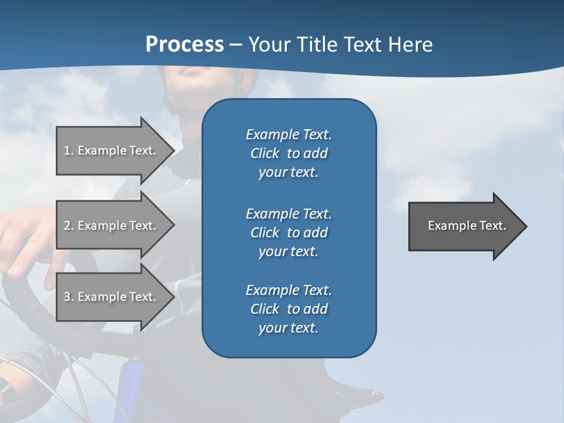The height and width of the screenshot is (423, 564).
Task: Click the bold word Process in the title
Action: point(184,44)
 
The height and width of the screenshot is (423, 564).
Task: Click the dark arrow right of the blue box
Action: point(464,226)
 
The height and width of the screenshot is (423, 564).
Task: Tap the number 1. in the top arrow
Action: point(69,150)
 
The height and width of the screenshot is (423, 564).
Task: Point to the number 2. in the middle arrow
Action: point(69,226)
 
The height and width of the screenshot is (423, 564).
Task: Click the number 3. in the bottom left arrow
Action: point(69,297)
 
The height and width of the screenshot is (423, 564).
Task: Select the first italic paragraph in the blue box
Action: point(288,153)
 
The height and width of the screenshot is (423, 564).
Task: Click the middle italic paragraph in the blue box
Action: point(288,232)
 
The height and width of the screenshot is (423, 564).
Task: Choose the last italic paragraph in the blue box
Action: point(288,309)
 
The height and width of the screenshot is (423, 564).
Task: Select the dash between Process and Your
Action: point(236,45)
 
